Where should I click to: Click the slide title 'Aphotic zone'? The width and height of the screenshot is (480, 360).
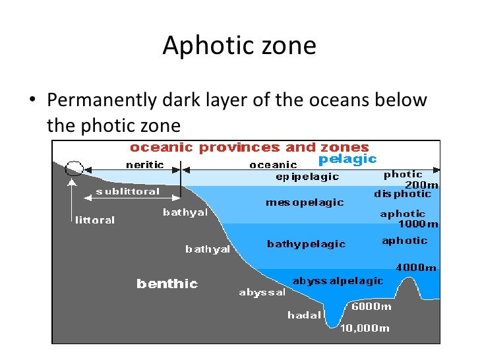pyautogui.click(x=239, y=46)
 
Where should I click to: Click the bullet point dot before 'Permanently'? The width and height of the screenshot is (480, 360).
pyautogui.click(x=31, y=102)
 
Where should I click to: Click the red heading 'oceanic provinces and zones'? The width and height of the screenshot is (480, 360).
pyautogui.click(x=249, y=147)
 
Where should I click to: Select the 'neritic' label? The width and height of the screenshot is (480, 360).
pyautogui.click(x=145, y=164)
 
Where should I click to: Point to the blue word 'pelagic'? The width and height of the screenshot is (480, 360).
pyautogui.click(x=347, y=159)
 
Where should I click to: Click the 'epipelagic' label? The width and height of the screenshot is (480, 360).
pyautogui.click(x=307, y=177)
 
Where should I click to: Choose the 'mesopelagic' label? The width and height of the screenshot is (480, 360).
pyautogui.click(x=305, y=202)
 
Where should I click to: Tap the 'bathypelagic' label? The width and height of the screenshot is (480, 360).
pyautogui.click(x=306, y=244)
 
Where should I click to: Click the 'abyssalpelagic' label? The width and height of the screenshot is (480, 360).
pyautogui.click(x=338, y=281)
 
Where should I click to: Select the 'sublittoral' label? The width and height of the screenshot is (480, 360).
pyautogui.click(x=128, y=191)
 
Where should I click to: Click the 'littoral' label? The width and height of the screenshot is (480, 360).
pyautogui.click(x=95, y=220)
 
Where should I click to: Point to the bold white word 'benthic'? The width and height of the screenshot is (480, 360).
pyautogui.click(x=167, y=284)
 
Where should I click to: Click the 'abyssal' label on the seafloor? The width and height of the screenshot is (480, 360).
pyautogui.click(x=262, y=292)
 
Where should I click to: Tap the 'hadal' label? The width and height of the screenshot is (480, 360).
pyautogui.click(x=304, y=315)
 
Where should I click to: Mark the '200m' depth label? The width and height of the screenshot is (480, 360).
pyautogui.click(x=421, y=185)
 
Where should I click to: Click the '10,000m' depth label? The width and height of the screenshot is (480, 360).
pyautogui.click(x=365, y=328)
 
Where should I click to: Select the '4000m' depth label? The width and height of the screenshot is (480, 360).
pyautogui.click(x=416, y=268)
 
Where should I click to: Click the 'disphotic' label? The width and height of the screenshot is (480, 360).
pyautogui.click(x=402, y=194)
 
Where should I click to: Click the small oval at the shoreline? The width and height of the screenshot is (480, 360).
pyautogui.click(x=75, y=168)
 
